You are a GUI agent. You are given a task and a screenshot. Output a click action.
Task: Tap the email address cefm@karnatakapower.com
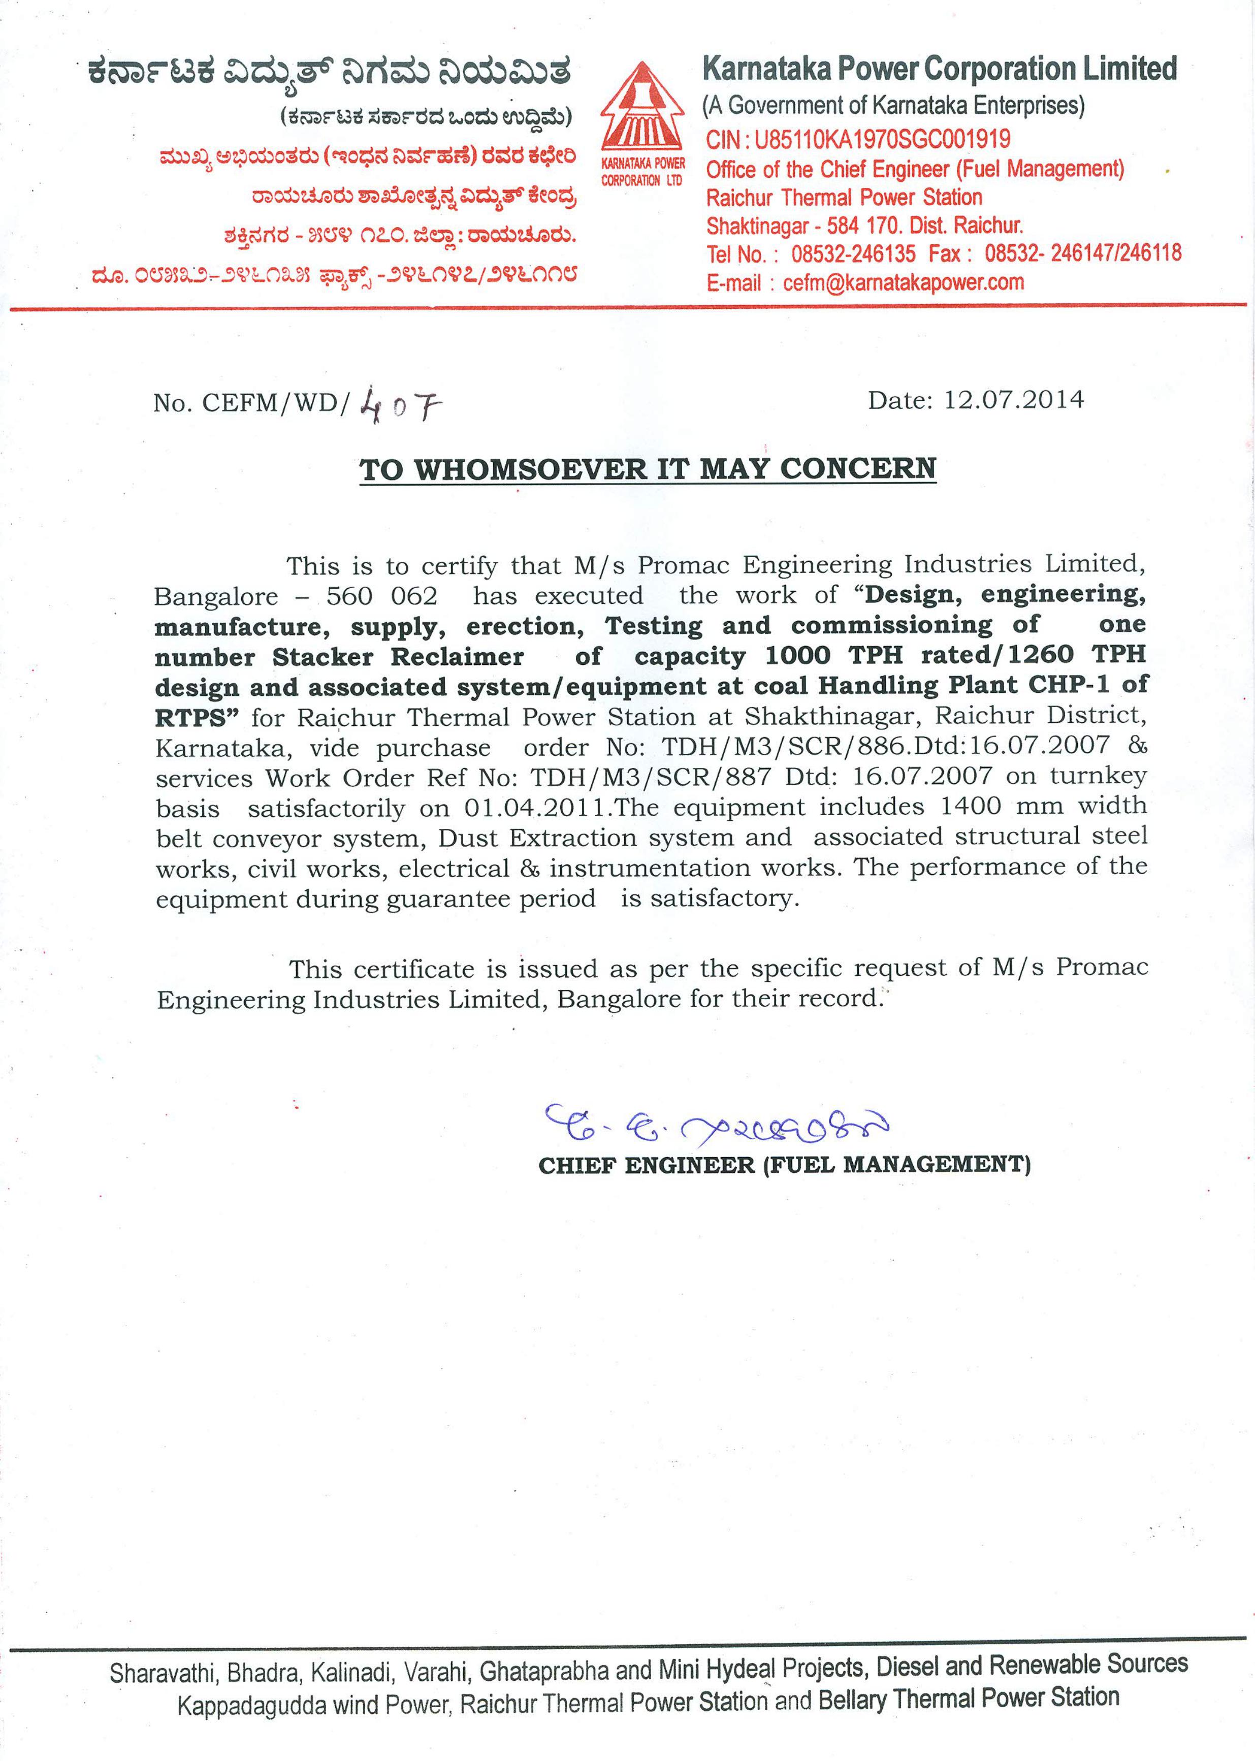904,283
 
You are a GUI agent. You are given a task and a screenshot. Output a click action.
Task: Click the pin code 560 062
382,596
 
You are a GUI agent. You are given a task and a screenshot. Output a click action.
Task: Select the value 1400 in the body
971,806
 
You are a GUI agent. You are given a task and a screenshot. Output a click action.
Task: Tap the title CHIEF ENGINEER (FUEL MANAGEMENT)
784,1165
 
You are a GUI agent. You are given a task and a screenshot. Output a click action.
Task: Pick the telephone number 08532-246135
853,254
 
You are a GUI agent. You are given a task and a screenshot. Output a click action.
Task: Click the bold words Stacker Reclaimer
398,657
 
